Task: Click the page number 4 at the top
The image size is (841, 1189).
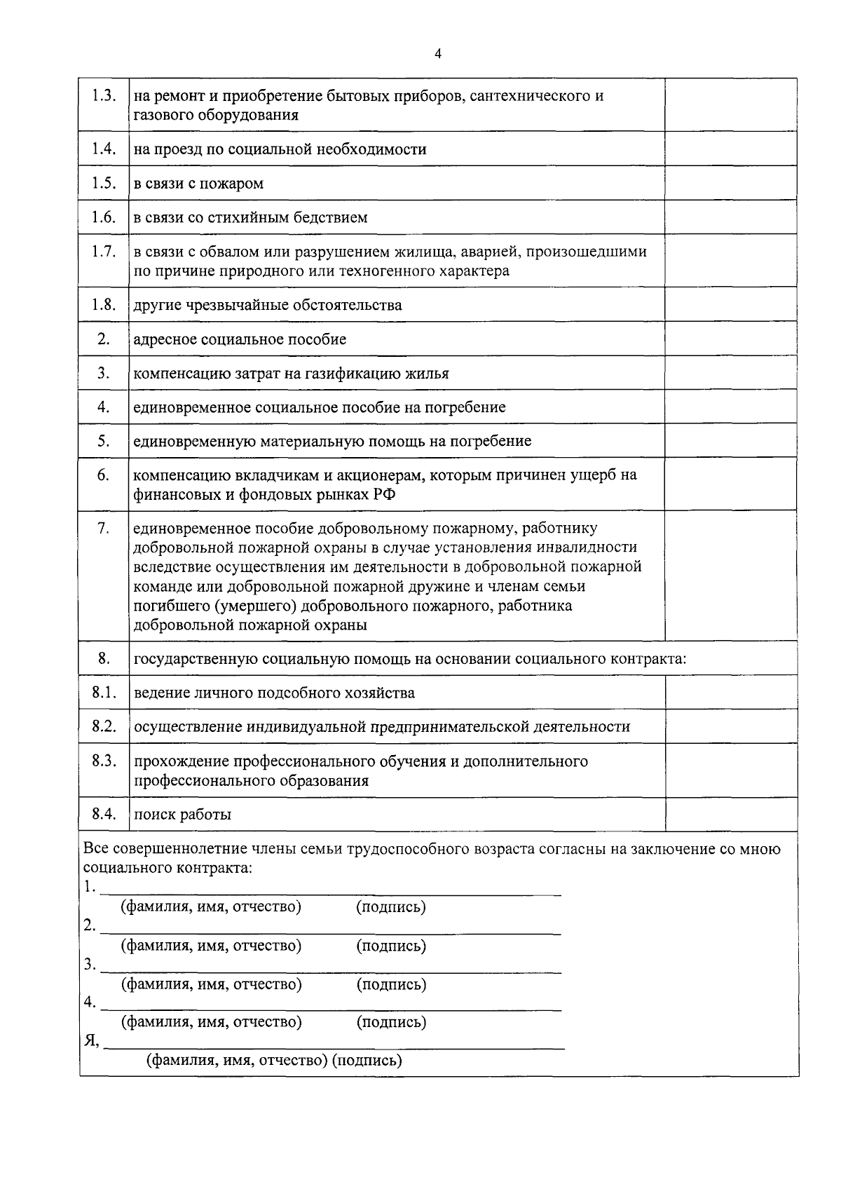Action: coord(438,54)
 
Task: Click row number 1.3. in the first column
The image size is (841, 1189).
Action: coord(104,96)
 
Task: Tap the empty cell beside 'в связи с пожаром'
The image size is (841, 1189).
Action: coord(730,183)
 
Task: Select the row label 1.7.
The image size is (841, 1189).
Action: coord(104,252)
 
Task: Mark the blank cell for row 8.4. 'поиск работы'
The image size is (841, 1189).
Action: coord(730,815)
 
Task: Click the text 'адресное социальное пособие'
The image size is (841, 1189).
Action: coord(240,340)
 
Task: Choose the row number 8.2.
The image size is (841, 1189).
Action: coord(104,726)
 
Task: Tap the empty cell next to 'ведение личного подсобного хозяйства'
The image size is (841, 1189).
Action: coord(730,693)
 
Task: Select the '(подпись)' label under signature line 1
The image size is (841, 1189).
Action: coord(391,907)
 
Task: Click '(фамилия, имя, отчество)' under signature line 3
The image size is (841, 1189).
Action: coord(212,984)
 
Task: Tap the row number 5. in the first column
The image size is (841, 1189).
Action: coord(104,441)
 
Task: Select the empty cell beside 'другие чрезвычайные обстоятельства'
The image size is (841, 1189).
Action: coord(730,304)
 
